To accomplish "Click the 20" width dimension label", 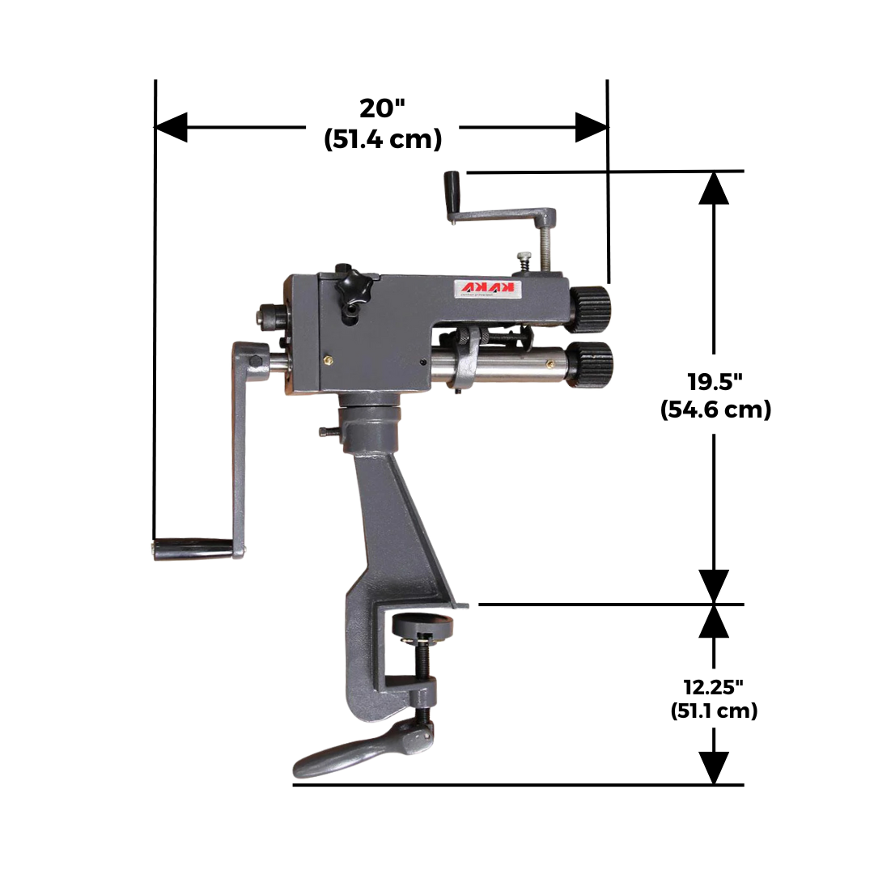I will click(383, 108).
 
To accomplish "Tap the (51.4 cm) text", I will click(383, 139).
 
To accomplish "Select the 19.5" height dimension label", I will click(715, 380).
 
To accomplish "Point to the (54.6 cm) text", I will click(715, 409).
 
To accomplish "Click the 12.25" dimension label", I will click(714, 687).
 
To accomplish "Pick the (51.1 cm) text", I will click(714, 711).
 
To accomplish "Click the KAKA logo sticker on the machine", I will click(492, 290).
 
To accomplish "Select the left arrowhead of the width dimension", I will click(171, 127).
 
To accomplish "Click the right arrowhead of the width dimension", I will click(592, 127).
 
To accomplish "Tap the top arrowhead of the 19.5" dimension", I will click(713, 188).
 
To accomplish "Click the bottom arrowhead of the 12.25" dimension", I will click(713, 767).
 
